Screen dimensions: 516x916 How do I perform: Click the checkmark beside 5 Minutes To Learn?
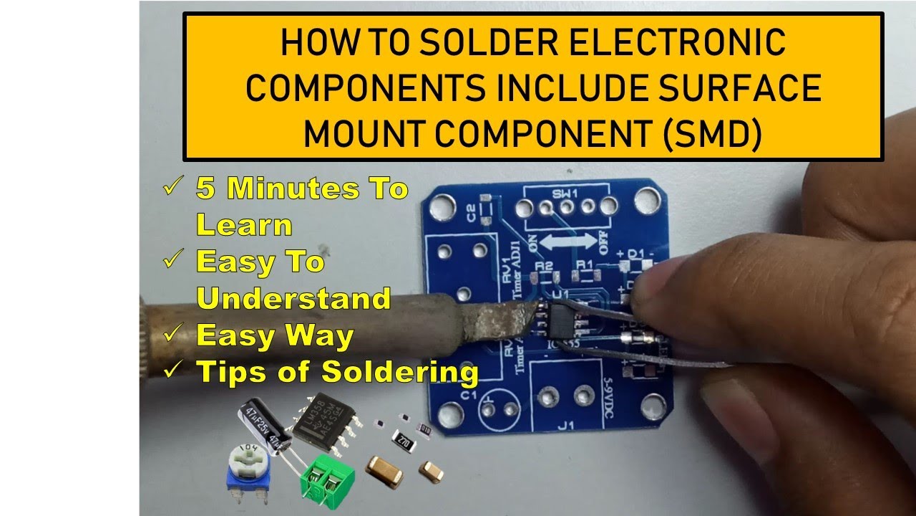click(x=172, y=188)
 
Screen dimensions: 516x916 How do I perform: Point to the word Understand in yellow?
click(x=293, y=298)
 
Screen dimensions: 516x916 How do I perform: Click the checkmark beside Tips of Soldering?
click(x=172, y=371)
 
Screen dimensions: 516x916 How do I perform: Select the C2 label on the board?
click(x=471, y=214)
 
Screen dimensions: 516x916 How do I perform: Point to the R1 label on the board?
click(x=585, y=266)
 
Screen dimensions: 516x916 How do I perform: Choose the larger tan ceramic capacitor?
click(x=384, y=468)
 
